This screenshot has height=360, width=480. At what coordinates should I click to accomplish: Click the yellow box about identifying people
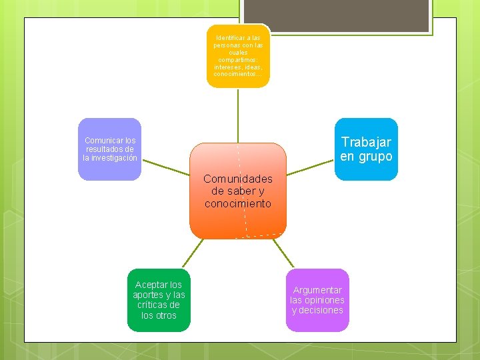(238, 56)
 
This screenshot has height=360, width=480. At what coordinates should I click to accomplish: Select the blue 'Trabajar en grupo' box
(366, 149)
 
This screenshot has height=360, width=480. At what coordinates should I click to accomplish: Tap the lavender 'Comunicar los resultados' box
(110, 149)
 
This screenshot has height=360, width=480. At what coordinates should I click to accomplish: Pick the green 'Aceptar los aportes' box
(159, 299)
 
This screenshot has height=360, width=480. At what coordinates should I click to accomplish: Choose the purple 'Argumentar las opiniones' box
(317, 300)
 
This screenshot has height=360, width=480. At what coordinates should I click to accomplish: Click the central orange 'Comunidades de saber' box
(238, 191)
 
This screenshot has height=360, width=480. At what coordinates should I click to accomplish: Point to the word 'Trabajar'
(366, 141)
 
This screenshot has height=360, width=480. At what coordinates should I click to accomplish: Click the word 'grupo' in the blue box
(375, 157)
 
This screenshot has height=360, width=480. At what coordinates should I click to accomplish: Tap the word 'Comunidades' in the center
(238, 179)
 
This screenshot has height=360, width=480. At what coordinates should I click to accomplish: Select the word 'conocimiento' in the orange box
(238, 203)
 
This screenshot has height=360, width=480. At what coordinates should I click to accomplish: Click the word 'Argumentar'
(317, 290)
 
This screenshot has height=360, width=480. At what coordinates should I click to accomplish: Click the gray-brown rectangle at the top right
(335, 15)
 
